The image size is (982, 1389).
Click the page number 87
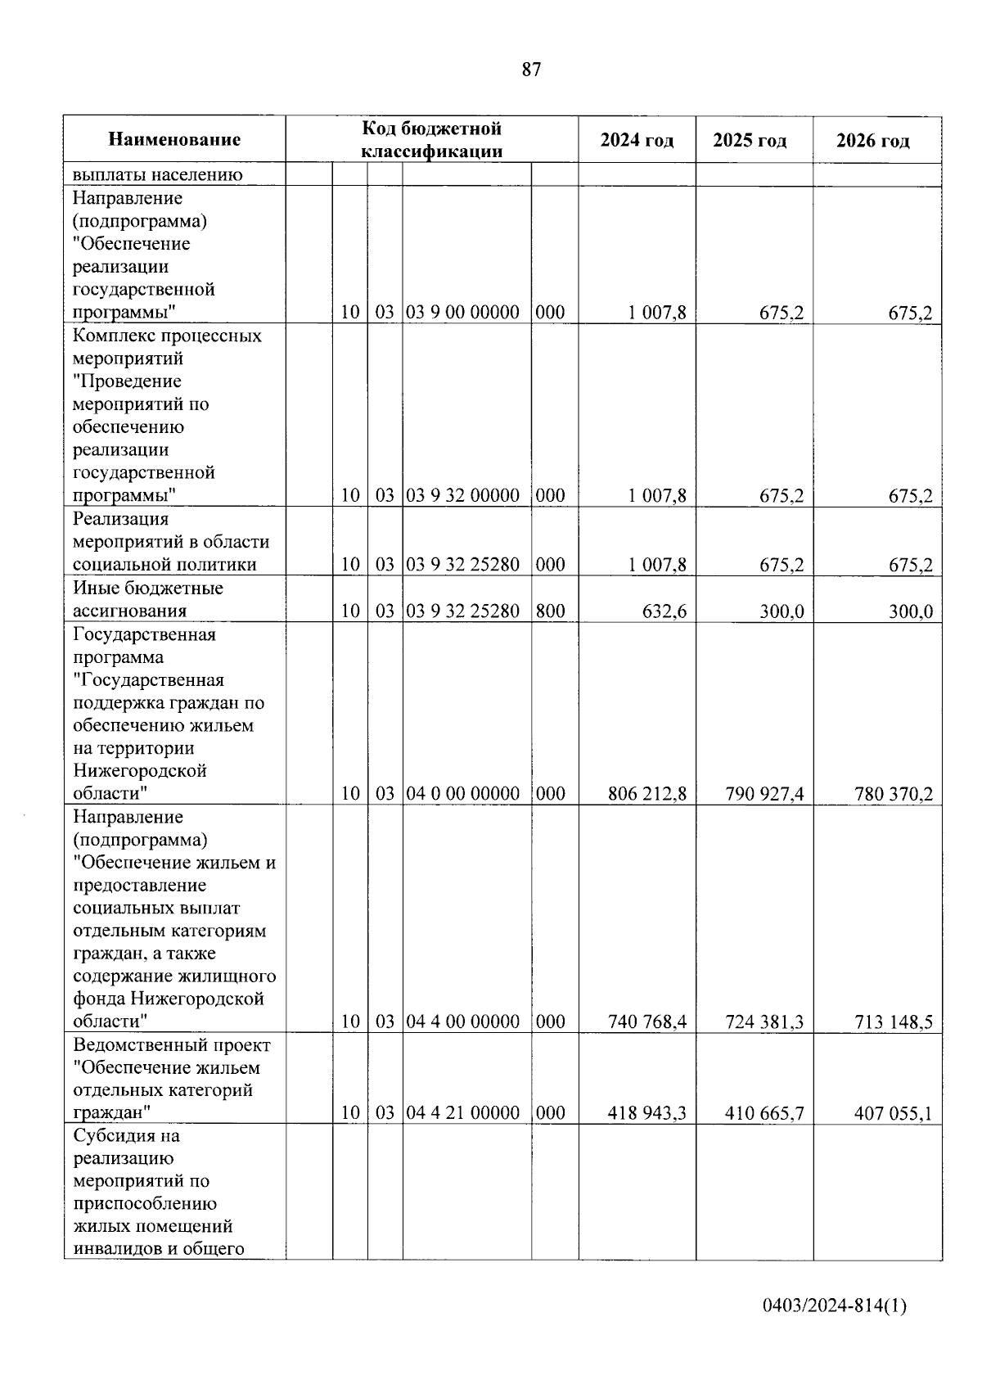tap(531, 70)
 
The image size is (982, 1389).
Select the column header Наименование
tap(174, 140)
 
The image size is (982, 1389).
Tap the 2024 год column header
tap(637, 141)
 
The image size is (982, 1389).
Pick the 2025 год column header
tap(750, 141)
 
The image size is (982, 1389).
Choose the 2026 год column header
tap(872, 141)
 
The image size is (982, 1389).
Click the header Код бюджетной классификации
tap(431, 140)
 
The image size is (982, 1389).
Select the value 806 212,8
tap(647, 793)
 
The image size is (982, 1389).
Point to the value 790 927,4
tap(764, 793)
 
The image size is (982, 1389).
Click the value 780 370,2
tap(893, 793)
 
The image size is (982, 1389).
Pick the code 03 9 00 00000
tap(463, 313)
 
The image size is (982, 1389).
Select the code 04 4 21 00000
tap(463, 1113)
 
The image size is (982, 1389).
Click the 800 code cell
tap(551, 611)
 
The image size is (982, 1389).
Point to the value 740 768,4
tap(647, 1021)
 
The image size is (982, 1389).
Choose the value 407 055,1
tap(893, 1113)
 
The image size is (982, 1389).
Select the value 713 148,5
tap(893, 1021)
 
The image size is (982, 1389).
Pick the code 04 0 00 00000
tap(463, 793)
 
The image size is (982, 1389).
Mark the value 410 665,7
tap(764, 1113)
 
